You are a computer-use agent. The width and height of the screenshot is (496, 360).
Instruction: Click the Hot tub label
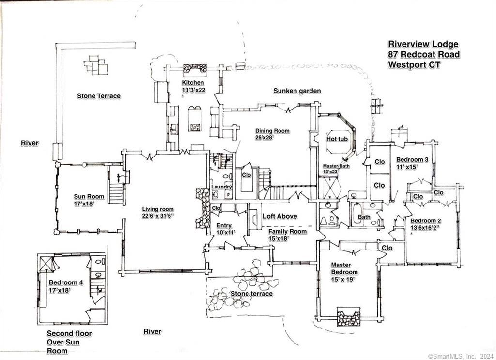[x=338, y=139]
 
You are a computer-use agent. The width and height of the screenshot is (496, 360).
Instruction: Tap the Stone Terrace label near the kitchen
[x=99, y=96]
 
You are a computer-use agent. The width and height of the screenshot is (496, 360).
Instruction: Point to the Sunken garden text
[x=297, y=91]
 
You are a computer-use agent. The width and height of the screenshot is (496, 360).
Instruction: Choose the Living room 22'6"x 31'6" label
[x=157, y=212]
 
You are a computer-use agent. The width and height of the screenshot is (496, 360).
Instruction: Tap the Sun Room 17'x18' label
[x=89, y=200]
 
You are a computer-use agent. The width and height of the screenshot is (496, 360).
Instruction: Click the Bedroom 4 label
[x=66, y=286]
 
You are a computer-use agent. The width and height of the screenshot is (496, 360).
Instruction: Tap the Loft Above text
[x=280, y=216]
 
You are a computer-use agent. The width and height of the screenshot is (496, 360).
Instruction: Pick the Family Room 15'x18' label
[x=288, y=235]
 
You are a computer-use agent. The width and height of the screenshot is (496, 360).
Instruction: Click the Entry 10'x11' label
[x=224, y=229]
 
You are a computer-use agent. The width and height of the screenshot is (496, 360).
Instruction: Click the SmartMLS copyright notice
[x=460, y=356]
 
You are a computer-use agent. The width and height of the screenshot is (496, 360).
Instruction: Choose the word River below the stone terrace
[x=152, y=331]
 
